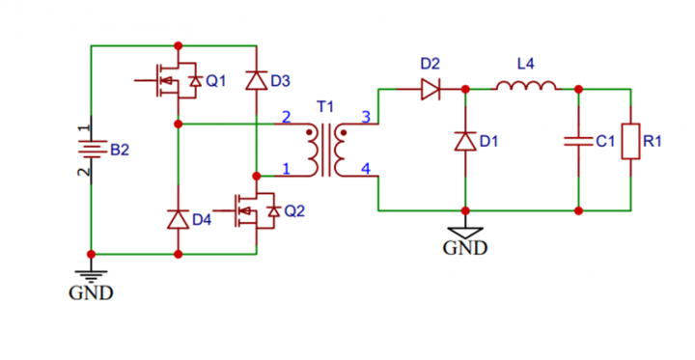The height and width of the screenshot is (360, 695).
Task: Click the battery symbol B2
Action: (91, 150)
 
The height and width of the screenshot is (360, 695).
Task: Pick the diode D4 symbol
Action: (178, 219)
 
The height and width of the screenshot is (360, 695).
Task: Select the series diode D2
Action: (430, 89)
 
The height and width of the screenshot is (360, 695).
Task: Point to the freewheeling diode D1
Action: (465, 141)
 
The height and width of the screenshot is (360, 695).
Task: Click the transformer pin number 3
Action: (365, 118)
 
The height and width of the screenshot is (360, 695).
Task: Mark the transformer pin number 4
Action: (365, 169)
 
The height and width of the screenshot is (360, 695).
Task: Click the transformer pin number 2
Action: (285, 118)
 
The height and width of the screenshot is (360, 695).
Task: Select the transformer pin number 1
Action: (285, 169)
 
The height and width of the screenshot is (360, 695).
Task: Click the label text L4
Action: (525, 65)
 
